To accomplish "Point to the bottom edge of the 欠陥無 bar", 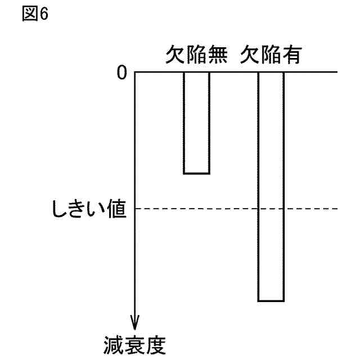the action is [x=196, y=173].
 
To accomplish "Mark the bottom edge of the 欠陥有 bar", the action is [x=271, y=301].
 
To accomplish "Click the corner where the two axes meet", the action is [x=135, y=73].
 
